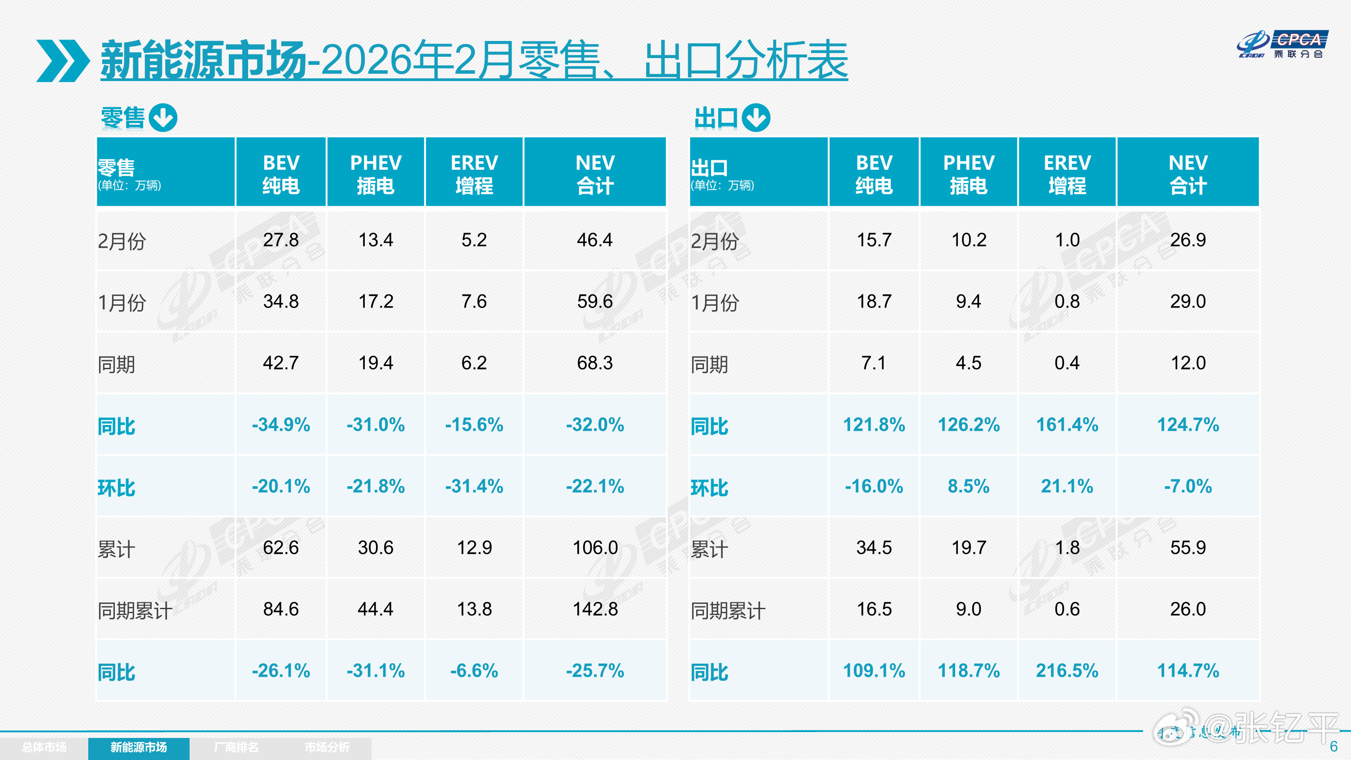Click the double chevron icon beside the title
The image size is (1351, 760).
pyautogui.click(x=63, y=61)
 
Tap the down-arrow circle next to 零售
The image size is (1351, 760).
pyautogui.click(x=163, y=118)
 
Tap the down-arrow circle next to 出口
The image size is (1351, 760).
pyautogui.click(x=756, y=118)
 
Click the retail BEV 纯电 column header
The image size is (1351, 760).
pyautogui.click(x=281, y=174)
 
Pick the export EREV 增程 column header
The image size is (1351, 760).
pyautogui.click(x=1067, y=174)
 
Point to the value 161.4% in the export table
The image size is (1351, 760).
pyautogui.click(x=1067, y=425)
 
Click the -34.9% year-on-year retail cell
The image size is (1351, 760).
pyautogui.click(x=281, y=425)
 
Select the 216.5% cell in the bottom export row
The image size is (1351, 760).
pyautogui.click(x=1067, y=671)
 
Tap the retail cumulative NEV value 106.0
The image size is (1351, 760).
pyautogui.click(x=595, y=548)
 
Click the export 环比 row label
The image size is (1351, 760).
pyautogui.click(x=709, y=488)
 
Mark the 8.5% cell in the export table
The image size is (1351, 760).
pyautogui.click(x=968, y=487)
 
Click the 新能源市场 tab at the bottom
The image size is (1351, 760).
pyautogui.click(x=138, y=747)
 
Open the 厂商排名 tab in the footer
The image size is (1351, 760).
pyautogui.click(x=236, y=747)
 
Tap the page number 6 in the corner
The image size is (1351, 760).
pyautogui.click(x=1334, y=746)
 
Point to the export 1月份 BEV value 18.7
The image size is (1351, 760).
pyautogui.click(x=874, y=302)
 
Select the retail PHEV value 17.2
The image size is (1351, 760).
pyautogui.click(x=376, y=302)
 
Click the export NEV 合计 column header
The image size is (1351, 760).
pyautogui.click(x=1188, y=174)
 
